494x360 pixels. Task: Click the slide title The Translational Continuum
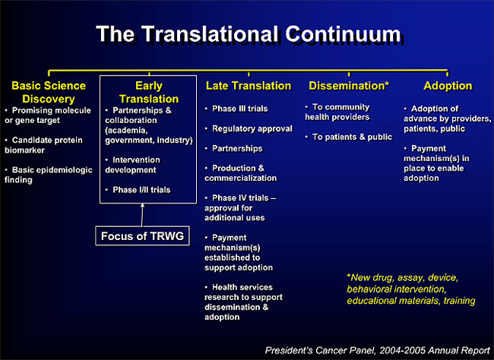click(x=249, y=34)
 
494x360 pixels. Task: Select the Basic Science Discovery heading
click(x=49, y=92)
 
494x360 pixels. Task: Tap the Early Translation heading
click(x=149, y=92)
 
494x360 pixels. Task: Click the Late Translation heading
click(x=249, y=86)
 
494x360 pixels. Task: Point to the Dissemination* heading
click(x=349, y=86)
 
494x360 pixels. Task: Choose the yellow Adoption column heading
click(x=448, y=86)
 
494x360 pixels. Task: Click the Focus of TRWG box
click(x=142, y=236)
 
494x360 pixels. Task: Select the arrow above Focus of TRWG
click(x=142, y=215)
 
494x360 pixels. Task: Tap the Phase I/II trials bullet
click(x=138, y=190)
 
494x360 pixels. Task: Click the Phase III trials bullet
click(x=236, y=109)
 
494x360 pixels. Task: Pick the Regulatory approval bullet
click(x=249, y=128)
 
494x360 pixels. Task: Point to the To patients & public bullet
click(x=349, y=137)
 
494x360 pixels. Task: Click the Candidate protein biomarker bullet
click(x=43, y=145)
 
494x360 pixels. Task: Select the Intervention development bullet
click(x=133, y=165)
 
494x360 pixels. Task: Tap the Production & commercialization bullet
click(x=241, y=173)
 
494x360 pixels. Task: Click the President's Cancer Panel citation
click(x=378, y=350)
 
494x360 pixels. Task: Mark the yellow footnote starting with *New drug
click(x=411, y=289)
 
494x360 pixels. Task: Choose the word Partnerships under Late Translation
click(x=237, y=148)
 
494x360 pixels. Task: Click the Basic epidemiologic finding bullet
click(x=49, y=175)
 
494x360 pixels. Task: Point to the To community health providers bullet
click(x=337, y=112)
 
